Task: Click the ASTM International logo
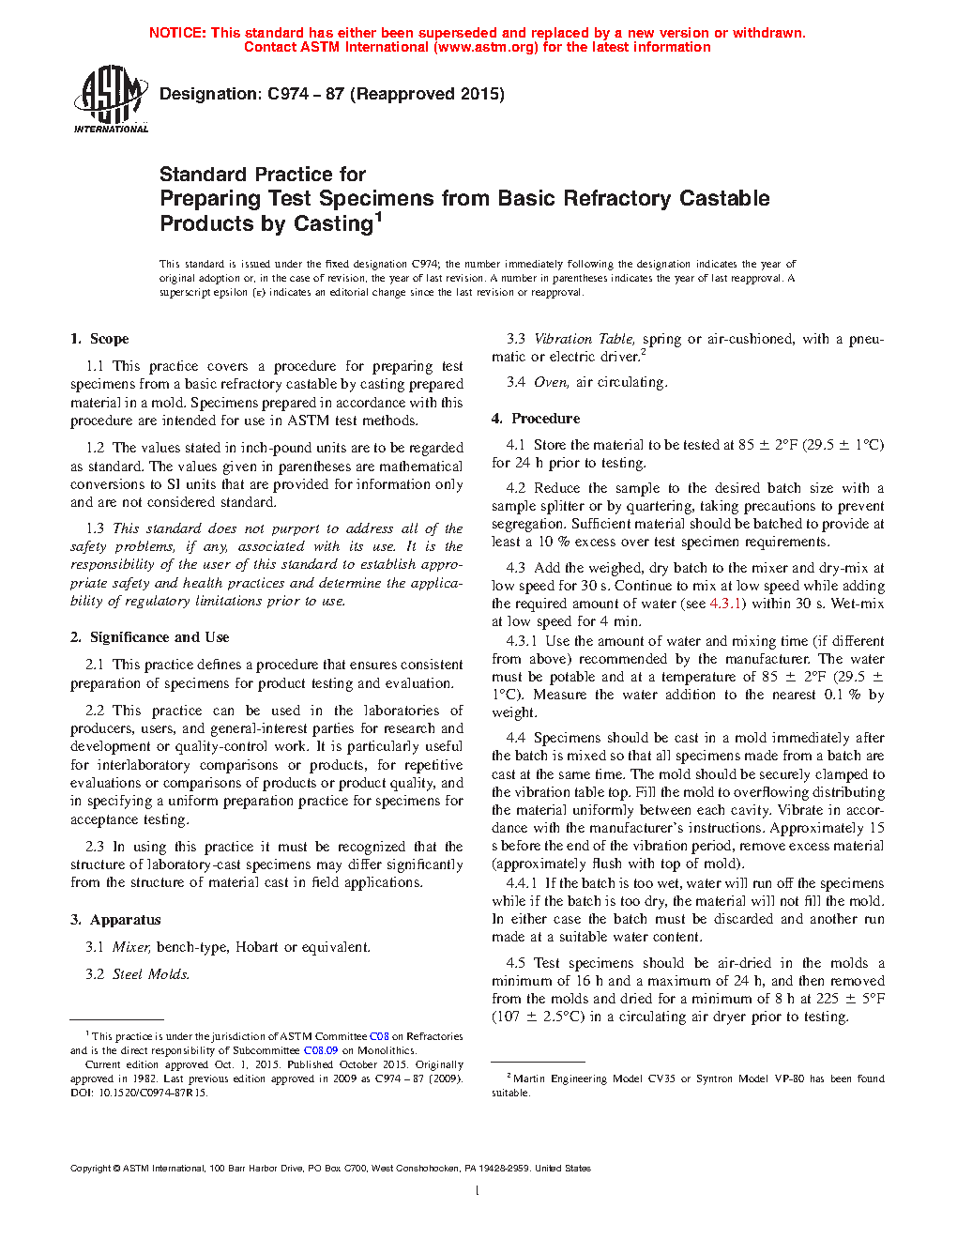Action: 110,98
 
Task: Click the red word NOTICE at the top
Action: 176,33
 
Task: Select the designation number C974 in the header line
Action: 288,94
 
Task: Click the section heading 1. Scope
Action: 99,339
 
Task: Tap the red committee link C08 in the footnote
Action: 379,1036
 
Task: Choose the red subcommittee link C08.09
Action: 321,1050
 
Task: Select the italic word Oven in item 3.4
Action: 551,382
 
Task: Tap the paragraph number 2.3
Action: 95,847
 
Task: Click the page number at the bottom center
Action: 478,1191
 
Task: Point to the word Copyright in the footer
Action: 91,1169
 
